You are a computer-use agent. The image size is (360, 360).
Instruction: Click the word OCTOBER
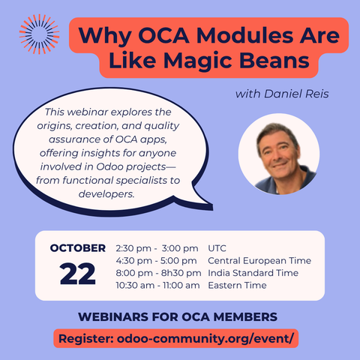(x=77, y=248)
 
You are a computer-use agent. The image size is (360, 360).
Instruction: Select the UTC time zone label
(x=218, y=248)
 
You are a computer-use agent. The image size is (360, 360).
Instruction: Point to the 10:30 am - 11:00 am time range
(x=157, y=286)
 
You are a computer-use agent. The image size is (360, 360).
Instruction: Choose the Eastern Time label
(x=237, y=286)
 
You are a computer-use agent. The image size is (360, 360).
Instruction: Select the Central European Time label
(x=259, y=261)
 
